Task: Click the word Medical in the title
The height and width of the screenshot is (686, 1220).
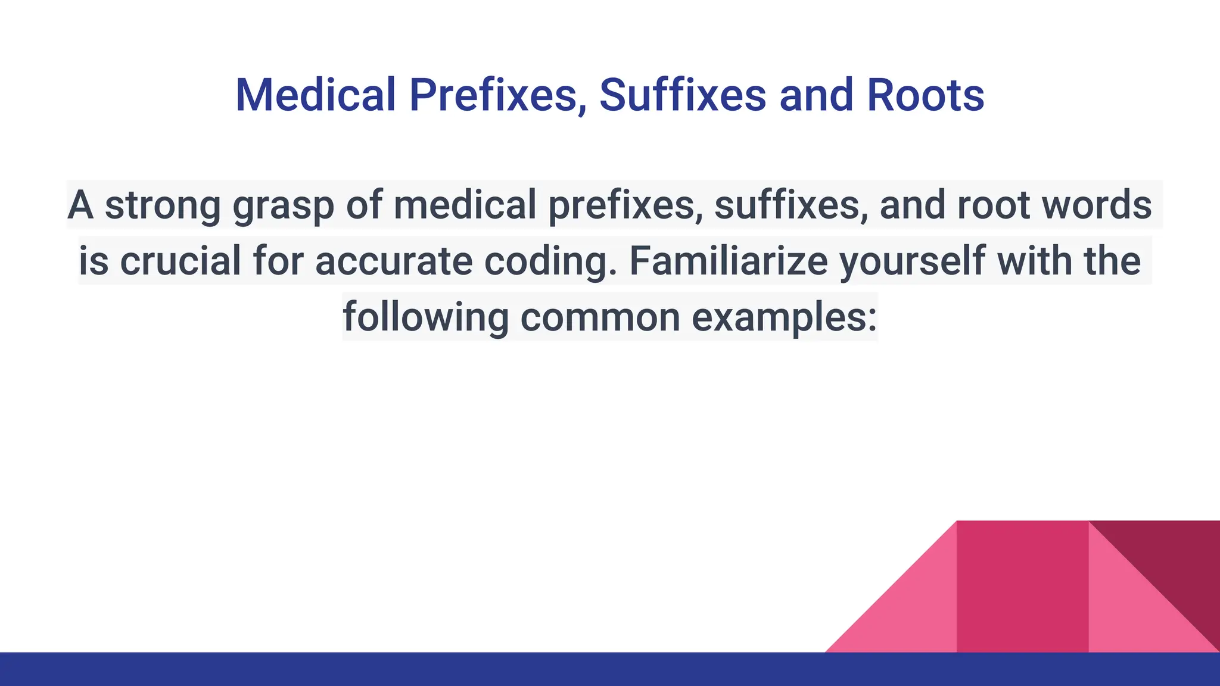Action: pyautogui.click(x=315, y=95)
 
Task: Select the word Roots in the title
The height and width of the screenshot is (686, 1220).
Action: pyautogui.click(x=925, y=95)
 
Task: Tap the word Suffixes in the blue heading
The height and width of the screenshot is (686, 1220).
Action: pyautogui.click(x=682, y=95)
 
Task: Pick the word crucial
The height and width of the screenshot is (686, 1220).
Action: pyautogui.click(x=180, y=261)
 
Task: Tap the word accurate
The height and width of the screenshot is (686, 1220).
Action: pyautogui.click(x=394, y=261)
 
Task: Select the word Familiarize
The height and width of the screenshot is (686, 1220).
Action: pyautogui.click(x=728, y=261)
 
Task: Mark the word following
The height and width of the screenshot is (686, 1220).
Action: pyautogui.click(x=425, y=317)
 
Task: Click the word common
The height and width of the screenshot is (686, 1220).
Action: pyautogui.click(x=600, y=317)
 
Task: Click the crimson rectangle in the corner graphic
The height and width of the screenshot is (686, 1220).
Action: pyautogui.click(x=1022, y=587)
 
